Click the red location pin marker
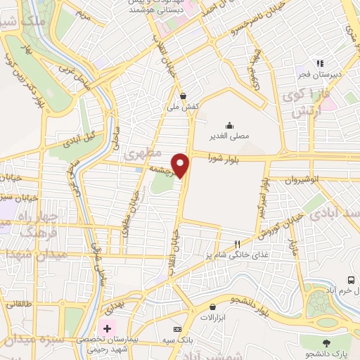181,165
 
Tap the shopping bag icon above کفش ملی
183,96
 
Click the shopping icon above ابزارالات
212,307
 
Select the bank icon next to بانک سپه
177,329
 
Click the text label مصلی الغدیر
230,136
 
